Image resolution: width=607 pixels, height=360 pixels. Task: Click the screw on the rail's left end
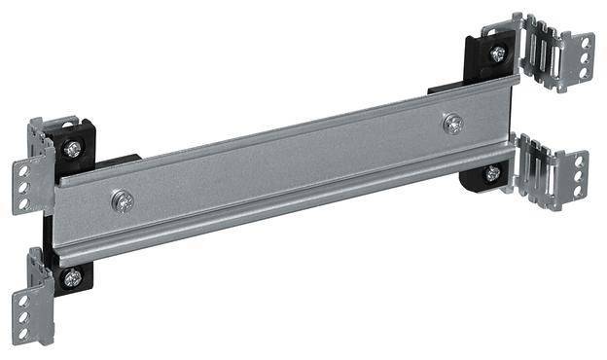point(123,201)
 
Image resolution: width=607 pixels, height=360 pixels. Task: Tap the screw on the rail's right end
point(452,124)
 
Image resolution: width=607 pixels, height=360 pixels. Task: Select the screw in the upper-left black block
point(73,149)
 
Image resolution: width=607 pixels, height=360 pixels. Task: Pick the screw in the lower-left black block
point(72,277)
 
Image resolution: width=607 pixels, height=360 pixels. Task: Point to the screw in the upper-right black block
point(497,54)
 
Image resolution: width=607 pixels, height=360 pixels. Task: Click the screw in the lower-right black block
point(492,173)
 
